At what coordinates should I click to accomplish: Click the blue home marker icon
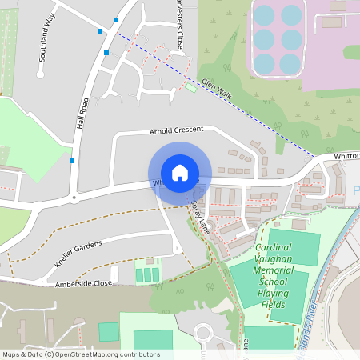pos(180,173)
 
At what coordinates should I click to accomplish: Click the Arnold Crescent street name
pos(177,130)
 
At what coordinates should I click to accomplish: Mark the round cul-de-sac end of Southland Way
pos(40,74)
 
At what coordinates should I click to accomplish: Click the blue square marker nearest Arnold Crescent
pos(72,161)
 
